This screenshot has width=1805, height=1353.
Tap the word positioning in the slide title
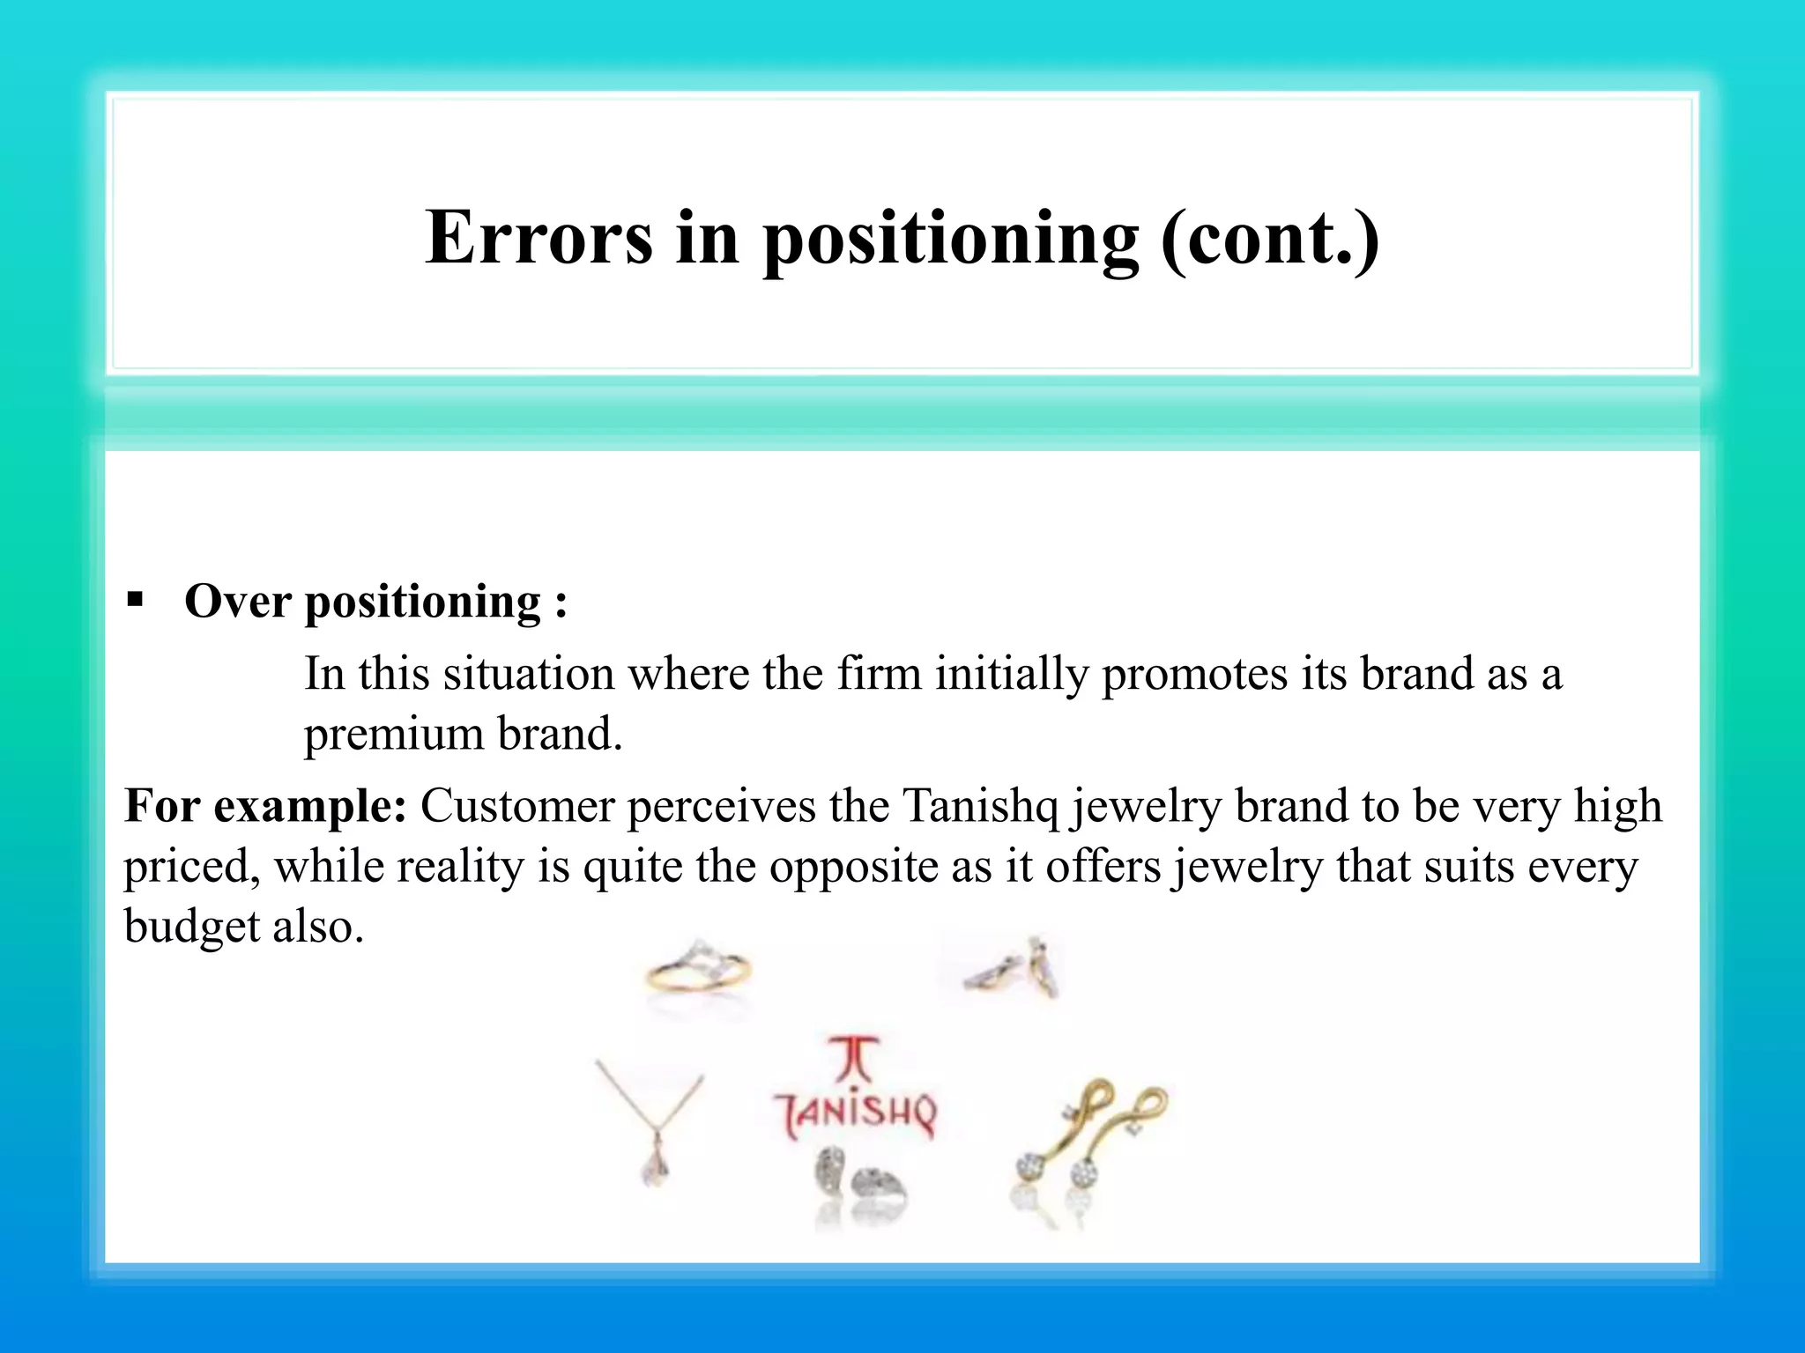click(950, 240)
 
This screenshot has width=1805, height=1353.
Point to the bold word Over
click(237, 602)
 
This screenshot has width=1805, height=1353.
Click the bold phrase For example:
click(264, 805)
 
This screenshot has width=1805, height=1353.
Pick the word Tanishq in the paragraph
click(980, 805)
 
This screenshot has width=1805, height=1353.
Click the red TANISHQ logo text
click(855, 1113)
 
